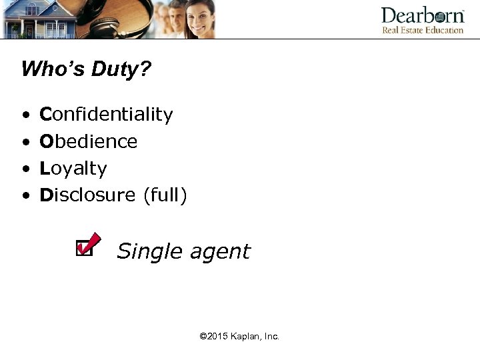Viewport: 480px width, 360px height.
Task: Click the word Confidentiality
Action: pyautogui.click(x=107, y=115)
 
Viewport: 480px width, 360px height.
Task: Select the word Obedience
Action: pyautogui.click(x=89, y=141)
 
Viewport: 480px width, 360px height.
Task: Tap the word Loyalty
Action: pyautogui.click(x=73, y=169)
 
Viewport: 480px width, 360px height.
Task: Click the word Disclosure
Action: pyautogui.click(x=87, y=195)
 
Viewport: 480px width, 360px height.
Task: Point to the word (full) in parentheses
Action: pyautogui.click(x=164, y=195)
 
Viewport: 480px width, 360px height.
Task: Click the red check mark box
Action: pyautogui.click(x=87, y=245)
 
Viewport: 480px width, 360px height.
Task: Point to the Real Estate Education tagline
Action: pyautogui.click(x=423, y=30)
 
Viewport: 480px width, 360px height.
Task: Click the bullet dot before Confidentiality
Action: pyautogui.click(x=25, y=115)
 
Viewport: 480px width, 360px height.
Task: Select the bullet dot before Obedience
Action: pyautogui.click(x=25, y=143)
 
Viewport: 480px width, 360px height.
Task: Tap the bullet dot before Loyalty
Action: pyautogui.click(x=25, y=169)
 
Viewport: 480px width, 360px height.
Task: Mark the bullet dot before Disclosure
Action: pyautogui.click(x=25, y=196)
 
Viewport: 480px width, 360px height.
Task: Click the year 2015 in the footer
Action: pyautogui.click(x=217, y=337)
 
